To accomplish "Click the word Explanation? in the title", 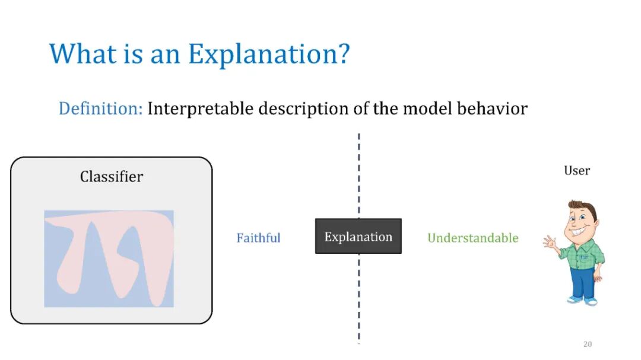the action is click(269, 55).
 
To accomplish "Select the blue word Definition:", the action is click(100, 109).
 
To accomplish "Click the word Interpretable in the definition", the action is click(201, 109).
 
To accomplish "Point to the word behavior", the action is click(492, 109).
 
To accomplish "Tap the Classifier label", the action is click(112, 177).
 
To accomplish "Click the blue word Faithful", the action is click(258, 238).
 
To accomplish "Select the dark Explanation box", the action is click(358, 236).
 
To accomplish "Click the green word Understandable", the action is click(473, 238).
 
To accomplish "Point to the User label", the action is click(577, 170).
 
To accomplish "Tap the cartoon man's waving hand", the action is click(550, 243).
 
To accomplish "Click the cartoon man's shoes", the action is click(583, 301).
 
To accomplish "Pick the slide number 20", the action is click(588, 344).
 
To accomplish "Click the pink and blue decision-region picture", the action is click(109, 259).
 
